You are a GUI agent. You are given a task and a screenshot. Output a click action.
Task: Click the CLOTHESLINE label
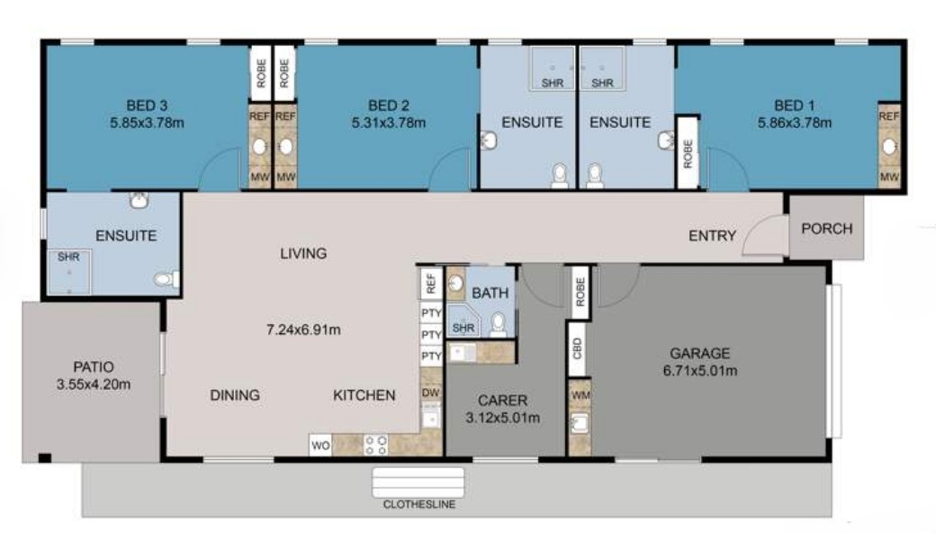(418, 505)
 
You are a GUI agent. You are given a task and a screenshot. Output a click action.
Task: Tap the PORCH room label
(826, 229)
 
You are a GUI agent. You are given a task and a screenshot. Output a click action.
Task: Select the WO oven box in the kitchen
(319, 445)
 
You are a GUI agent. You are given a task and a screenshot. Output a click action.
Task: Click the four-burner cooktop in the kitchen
(375, 445)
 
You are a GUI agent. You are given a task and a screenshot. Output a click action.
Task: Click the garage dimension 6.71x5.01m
(699, 371)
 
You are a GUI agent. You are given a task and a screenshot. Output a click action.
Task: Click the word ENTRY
(712, 236)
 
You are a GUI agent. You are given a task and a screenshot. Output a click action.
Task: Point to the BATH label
(490, 293)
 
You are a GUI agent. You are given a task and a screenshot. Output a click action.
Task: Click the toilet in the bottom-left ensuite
(165, 280)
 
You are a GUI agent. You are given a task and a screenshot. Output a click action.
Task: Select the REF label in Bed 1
(888, 116)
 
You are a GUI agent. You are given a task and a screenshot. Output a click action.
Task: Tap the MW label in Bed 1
(888, 177)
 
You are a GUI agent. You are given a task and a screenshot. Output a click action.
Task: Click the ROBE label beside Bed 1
(688, 154)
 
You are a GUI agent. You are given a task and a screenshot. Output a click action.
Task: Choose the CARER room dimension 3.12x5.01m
(503, 418)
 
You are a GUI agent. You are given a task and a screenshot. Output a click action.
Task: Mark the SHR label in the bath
(463, 329)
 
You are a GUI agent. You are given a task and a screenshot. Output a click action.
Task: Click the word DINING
(235, 394)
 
